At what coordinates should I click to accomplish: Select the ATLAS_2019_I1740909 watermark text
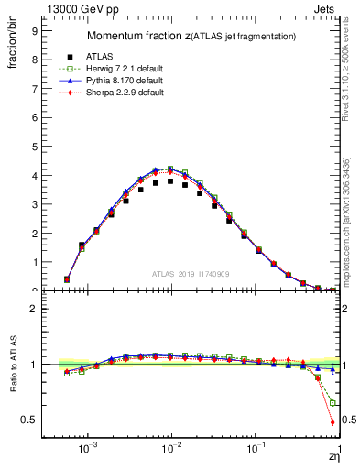(x=191, y=274)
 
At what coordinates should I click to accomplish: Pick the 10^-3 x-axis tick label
(x=88, y=452)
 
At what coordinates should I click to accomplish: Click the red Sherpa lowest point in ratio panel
(x=332, y=422)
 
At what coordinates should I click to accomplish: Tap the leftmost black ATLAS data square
(x=67, y=279)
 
